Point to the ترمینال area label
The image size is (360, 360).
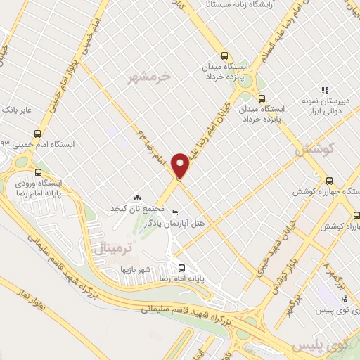tap(108, 247)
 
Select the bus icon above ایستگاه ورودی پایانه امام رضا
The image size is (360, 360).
tap(37, 172)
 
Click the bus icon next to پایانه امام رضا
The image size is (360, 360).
tap(181, 267)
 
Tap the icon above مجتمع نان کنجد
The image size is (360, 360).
tap(137, 199)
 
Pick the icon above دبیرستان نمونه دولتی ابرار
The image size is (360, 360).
tap(324, 90)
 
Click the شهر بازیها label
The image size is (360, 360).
tap(136, 269)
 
